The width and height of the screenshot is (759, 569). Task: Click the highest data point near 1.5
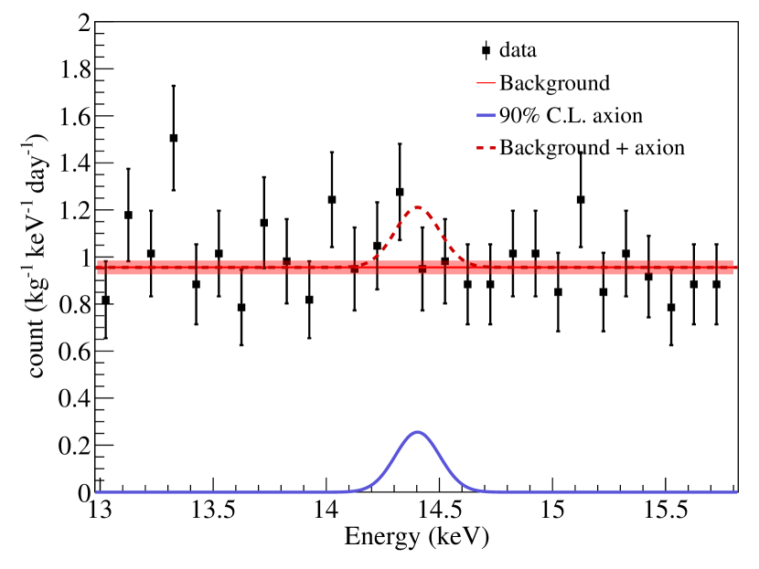tap(174, 138)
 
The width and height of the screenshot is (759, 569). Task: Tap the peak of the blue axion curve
tap(417, 432)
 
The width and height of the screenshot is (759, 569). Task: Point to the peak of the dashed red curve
tap(417, 207)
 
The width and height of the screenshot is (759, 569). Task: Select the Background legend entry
tap(554, 83)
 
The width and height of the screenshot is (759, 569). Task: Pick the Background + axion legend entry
tap(592, 147)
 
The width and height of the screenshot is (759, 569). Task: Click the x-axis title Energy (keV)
tap(417, 537)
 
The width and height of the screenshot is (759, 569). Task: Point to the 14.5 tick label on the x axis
tap(440, 510)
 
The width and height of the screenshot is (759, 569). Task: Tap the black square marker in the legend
tap(486, 50)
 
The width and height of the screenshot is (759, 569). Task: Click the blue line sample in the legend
tap(486, 116)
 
